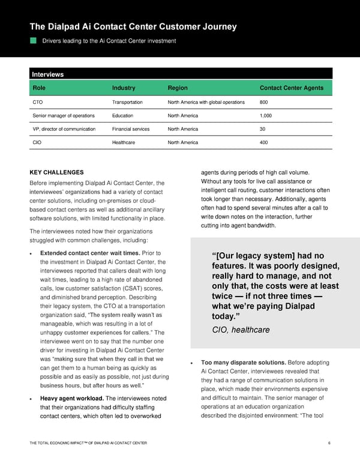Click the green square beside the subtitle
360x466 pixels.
point(34,41)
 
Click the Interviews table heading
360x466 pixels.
point(47,74)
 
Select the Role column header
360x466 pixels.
point(38,88)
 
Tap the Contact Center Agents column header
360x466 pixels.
point(291,88)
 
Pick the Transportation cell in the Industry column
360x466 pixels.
point(127,102)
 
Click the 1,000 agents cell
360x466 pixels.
point(266,116)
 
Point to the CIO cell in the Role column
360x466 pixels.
point(37,142)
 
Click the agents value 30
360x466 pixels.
point(263,129)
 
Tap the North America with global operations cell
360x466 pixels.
point(206,102)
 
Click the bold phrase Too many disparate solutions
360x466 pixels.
point(244,362)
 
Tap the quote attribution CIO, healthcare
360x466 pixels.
point(241,330)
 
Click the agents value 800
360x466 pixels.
point(264,102)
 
